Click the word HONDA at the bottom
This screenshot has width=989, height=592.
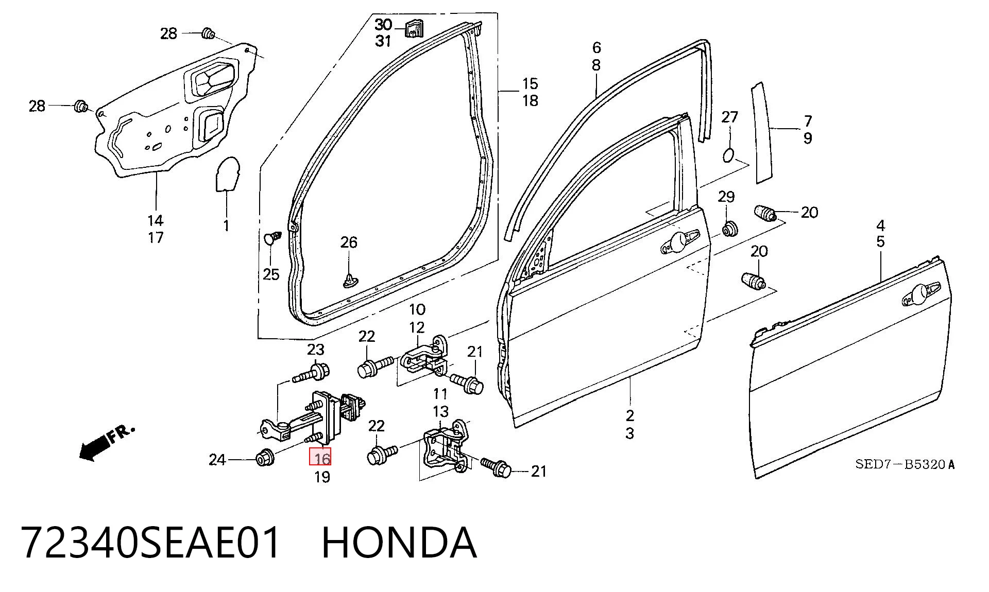point(399,543)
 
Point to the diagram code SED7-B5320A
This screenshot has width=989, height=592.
point(905,464)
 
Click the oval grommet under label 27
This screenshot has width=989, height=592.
point(728,154)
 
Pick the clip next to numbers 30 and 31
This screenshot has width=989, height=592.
point(413,28)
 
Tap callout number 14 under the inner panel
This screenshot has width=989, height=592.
point(155,220)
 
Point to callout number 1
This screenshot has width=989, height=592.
point(226,225)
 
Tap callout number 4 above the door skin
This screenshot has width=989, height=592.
point(881,225)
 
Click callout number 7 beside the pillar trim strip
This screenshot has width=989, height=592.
point(808,121)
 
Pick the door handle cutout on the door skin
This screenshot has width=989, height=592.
point(922,293)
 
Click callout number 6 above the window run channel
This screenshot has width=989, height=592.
point(596,48)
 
